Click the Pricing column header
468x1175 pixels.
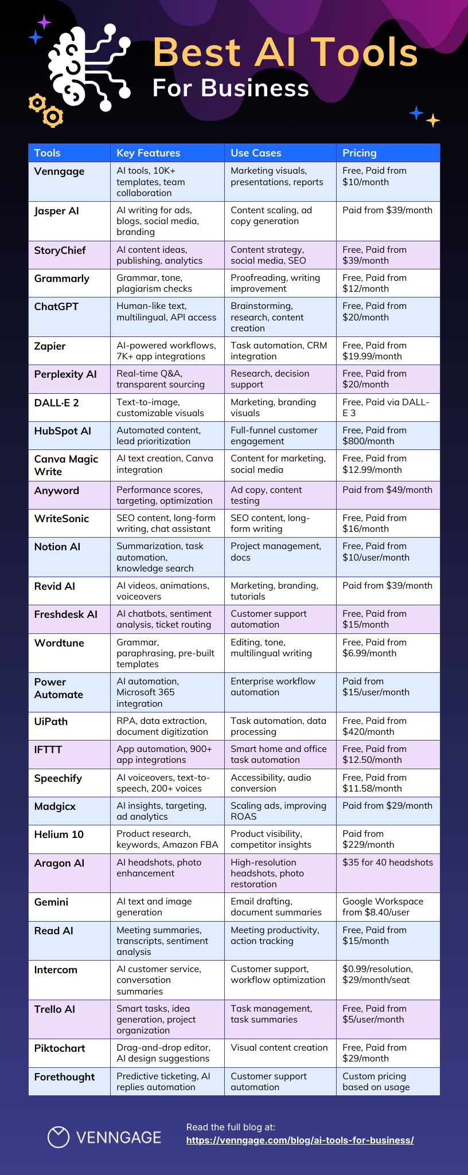pos(360,153)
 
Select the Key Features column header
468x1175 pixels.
pos(148,153)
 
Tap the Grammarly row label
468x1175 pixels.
pos(62,279)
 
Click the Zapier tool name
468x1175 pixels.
pos(50,346)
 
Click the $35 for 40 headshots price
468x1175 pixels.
pos(388,863)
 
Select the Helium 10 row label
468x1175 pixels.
pos(58,835)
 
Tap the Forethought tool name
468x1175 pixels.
pos(64,1077)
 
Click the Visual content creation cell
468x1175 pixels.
pos(279,1048)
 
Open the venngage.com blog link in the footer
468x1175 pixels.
pos(300,1140)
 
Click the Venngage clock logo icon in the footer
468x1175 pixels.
pos(58,1137)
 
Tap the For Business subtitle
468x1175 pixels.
pos(231,88)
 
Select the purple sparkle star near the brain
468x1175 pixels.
pos(44,22)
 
